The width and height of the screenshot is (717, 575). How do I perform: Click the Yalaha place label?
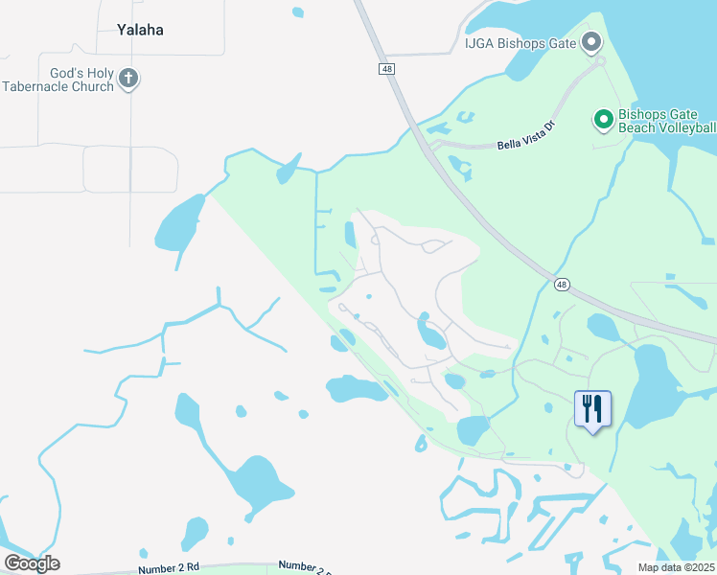pos(140,30)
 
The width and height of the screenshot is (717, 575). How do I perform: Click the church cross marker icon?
pos(129,79)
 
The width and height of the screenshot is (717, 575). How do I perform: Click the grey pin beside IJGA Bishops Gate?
pos(591,41)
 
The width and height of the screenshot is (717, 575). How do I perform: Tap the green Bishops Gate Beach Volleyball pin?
pos(604,120)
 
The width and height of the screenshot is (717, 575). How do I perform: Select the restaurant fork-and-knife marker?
pos(592,409)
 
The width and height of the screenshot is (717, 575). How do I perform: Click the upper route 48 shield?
pos(385,69)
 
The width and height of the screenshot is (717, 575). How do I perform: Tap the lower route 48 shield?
pos(562,284)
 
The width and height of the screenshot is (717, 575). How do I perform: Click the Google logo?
pos(32,563)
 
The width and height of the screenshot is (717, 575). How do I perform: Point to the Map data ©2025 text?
pos(676,567)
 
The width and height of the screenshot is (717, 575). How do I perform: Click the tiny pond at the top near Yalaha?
pos(298,12)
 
